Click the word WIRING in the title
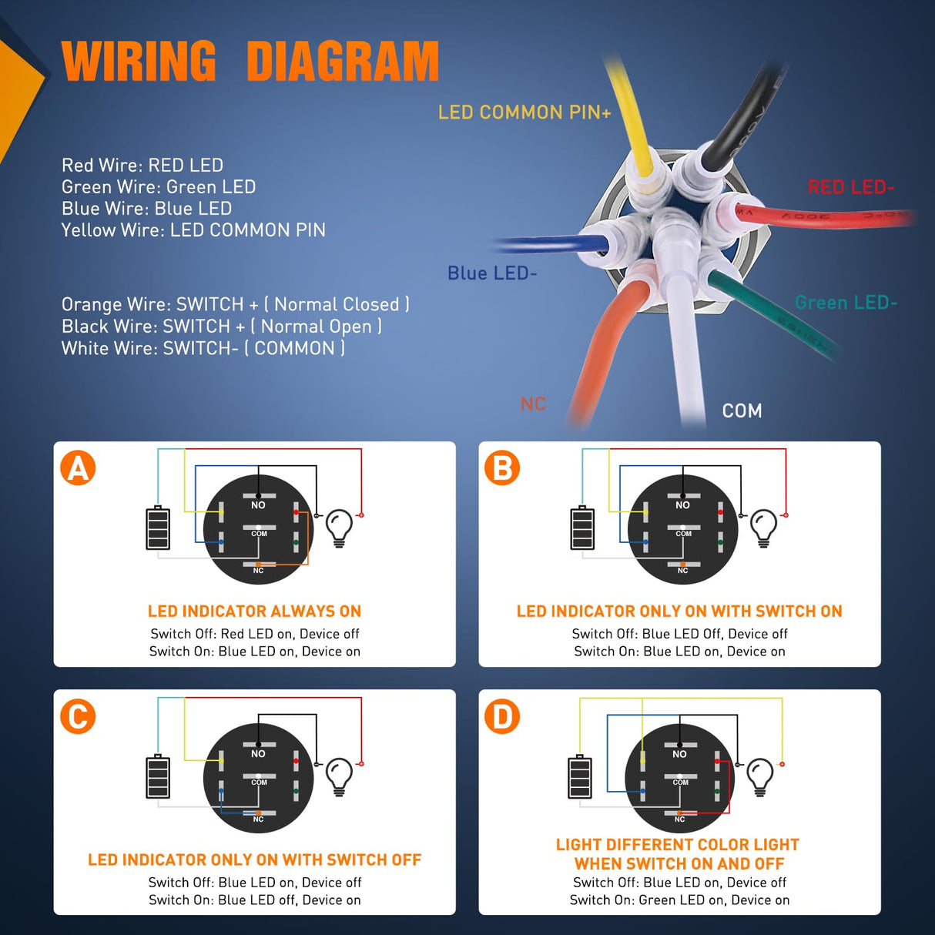point(139,61)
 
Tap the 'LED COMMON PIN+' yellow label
point(524,112)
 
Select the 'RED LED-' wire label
point(850,187)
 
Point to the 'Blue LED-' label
point(492,273)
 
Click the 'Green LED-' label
point(846,303)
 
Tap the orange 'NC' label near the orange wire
point(533,404)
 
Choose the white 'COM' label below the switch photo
point(742,411)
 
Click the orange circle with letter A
point(78,467)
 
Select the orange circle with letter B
point(502,467)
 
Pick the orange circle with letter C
point(78,716)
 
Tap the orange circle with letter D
point(502,716)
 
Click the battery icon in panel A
point(158,528)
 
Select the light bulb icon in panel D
point(760,776)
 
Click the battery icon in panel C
point(158,776)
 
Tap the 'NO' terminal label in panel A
point(258,505)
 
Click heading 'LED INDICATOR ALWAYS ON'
point(254,612)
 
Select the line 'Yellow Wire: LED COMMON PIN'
point(193,230)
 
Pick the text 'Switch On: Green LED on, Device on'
point(679,900)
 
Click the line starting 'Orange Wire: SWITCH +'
point(235,304)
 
